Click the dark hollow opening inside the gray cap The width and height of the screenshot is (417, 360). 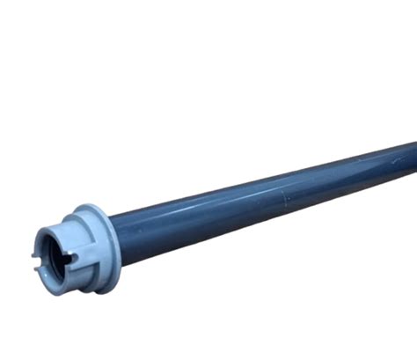(54, 254)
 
